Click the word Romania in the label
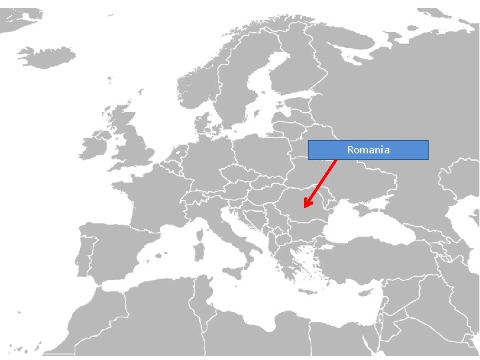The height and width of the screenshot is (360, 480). (x=368, y=150)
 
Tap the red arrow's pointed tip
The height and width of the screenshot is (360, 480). (x=305, y=207)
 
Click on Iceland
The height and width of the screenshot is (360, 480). (x=47, y=56)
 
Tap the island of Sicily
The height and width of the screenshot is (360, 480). (x=234, y=272)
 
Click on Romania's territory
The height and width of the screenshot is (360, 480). (x=297, y=200)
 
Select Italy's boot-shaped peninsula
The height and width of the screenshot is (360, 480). (x=230, y=237)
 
